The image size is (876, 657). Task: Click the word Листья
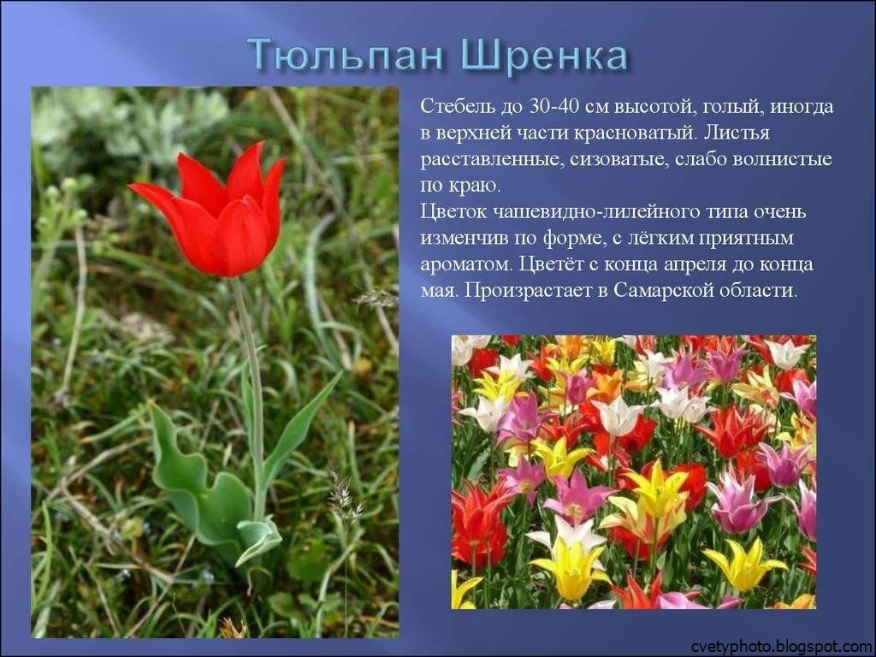737,133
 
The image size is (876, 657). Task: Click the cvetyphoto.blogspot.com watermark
781,647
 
